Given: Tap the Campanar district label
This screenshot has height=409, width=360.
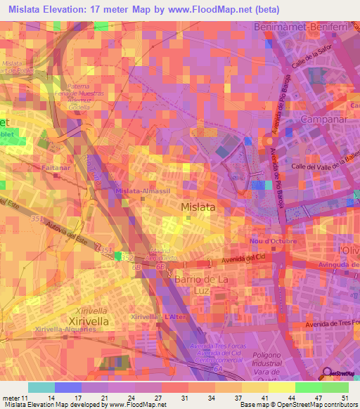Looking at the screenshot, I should tap(323, 120).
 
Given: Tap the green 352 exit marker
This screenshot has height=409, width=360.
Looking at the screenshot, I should tap(118, 257).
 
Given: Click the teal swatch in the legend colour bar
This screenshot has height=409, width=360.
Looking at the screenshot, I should tap(41, 387).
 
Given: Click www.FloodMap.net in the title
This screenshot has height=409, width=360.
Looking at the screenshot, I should tap(219, 10).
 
